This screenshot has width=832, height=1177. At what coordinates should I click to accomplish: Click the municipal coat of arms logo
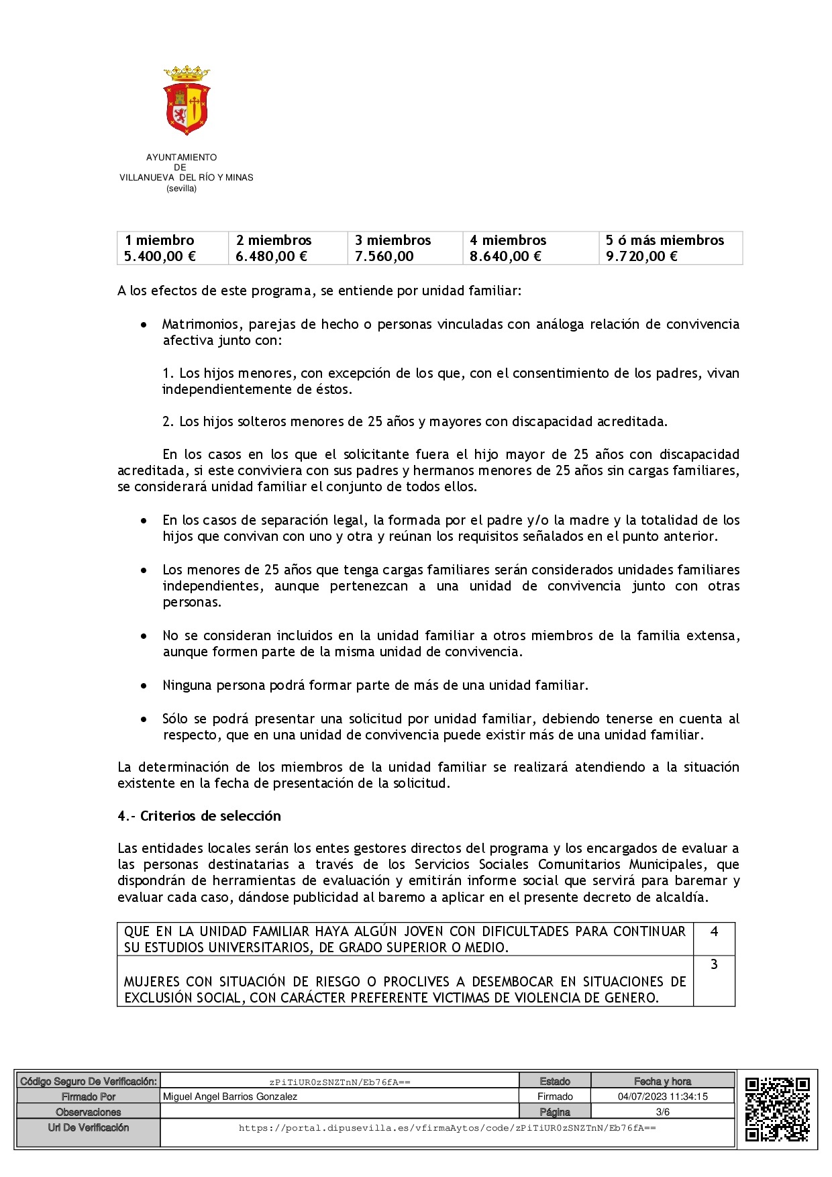[187, 100]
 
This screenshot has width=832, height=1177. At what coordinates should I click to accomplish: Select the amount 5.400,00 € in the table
[160, 256]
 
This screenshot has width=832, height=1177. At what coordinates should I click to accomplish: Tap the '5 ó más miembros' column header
[664, 240]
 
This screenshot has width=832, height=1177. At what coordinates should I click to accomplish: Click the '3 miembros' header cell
[393, 240]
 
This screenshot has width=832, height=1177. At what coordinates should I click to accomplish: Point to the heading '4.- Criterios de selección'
[199, 816]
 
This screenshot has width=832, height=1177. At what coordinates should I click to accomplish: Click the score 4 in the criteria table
[714, 931]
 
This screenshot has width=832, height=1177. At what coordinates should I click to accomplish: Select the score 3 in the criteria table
[714, 964]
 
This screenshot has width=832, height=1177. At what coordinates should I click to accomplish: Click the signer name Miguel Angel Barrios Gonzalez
[230, 1096]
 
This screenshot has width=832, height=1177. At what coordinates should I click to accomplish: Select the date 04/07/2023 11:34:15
[662, 1096]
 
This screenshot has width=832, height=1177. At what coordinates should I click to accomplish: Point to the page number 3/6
[662, 1112]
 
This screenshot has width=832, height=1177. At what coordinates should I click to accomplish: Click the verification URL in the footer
[447, 1128]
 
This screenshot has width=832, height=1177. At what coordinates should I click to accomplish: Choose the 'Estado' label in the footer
[555, 1081]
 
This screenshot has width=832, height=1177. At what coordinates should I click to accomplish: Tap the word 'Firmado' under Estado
[555, 1096]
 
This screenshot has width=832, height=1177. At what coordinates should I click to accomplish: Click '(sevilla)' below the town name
[182, 189]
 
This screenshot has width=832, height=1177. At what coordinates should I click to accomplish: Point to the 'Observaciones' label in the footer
[89, 1112]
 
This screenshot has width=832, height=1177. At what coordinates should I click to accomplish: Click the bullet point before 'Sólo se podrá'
[144, 719]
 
